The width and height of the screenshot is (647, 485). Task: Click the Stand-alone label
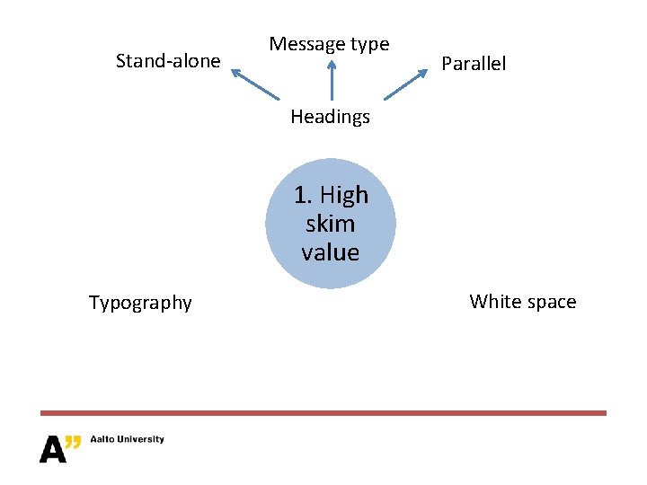coord(168,61)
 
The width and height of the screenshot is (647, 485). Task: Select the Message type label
coord(329,44)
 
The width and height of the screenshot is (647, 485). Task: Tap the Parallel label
coord(474,64)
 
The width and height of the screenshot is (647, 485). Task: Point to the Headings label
coord(330,117)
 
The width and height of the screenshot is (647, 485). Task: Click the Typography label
coord(140,303)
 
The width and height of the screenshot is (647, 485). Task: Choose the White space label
coord(522,302)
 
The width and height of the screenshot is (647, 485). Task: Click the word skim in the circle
coord(330,224)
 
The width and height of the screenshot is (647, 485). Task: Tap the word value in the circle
coord(330,252)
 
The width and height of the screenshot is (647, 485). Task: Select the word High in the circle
coord(344,195)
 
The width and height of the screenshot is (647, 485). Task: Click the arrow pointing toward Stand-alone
coord(256,84)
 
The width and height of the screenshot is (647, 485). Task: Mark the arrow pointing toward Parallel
coord(405,84)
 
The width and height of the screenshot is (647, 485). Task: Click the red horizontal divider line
coord(323,413)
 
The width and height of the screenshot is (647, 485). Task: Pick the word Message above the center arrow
coord(308,44)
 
